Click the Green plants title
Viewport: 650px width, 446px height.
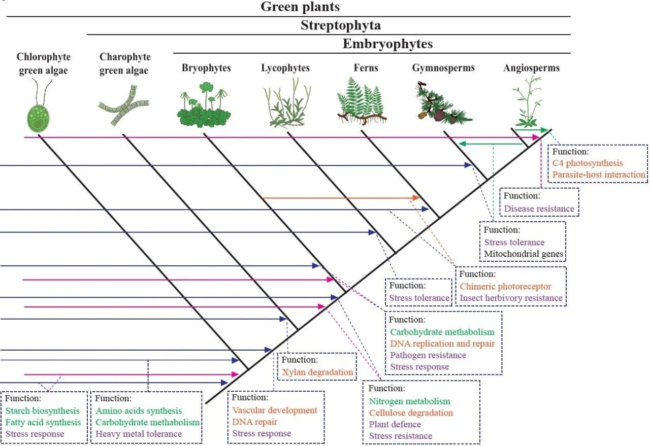300,7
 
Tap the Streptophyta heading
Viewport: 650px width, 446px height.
340,25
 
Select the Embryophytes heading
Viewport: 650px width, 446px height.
388,44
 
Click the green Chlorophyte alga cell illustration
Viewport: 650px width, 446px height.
39,116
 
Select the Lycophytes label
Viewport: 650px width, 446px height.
285,68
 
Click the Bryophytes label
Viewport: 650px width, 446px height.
206,68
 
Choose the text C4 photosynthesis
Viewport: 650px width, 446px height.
588,163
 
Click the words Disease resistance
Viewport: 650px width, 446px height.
539,209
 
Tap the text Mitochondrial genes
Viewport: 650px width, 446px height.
522,254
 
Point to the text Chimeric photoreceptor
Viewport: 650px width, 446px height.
505,287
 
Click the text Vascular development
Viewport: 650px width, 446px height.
275,410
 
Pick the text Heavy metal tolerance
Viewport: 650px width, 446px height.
138,434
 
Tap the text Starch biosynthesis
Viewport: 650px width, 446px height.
43,410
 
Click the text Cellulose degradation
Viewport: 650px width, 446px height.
411,413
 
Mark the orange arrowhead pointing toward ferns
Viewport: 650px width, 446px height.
417,197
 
